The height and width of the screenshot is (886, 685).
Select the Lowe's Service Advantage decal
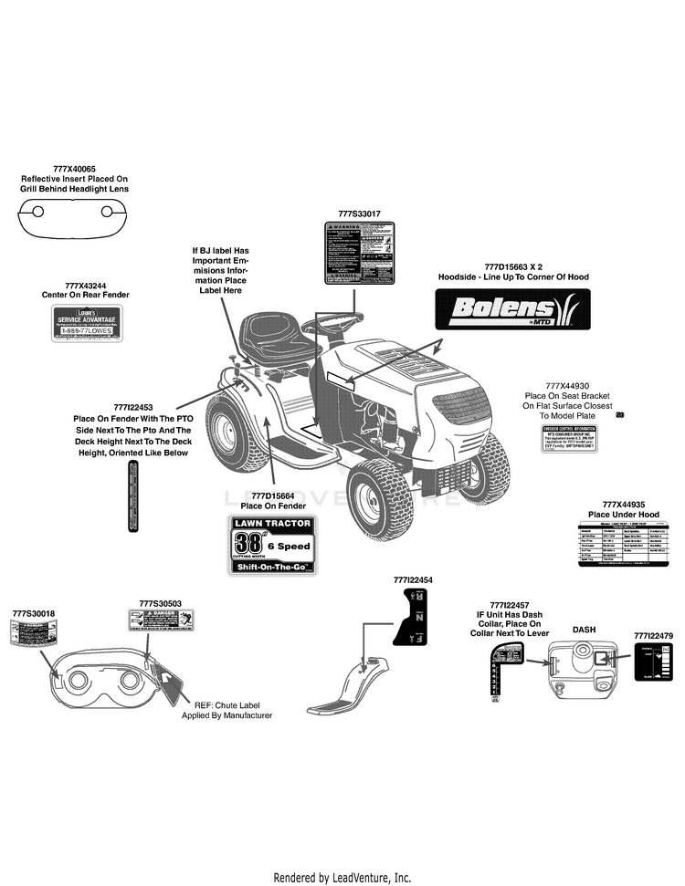click(x=85, y=324)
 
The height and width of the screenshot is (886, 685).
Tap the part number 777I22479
click(x=653, y=634)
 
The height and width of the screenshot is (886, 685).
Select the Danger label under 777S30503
click(x=161, y=621)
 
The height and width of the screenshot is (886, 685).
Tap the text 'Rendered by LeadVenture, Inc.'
click(x=342, y=877)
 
